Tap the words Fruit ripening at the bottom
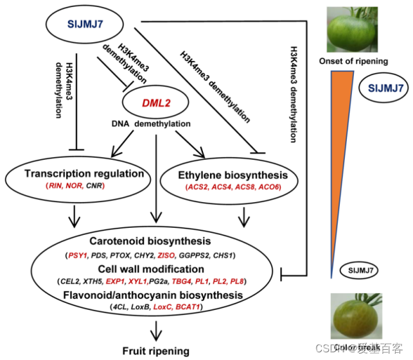[x=156, y=350]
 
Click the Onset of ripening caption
[x=353, y=61]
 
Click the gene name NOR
[x=75, y=185]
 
